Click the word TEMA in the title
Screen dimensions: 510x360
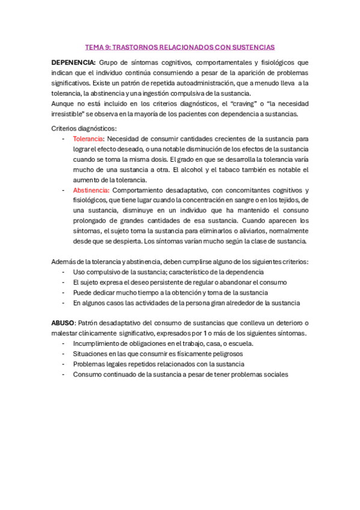coord(94,46)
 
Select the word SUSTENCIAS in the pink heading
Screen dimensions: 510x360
coord(254,46)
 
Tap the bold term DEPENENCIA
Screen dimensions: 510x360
coord(73,62)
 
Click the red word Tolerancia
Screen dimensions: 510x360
coord(87,140)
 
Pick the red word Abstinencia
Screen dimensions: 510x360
coord(90,190)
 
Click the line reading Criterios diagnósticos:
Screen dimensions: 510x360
coord(84,129)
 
